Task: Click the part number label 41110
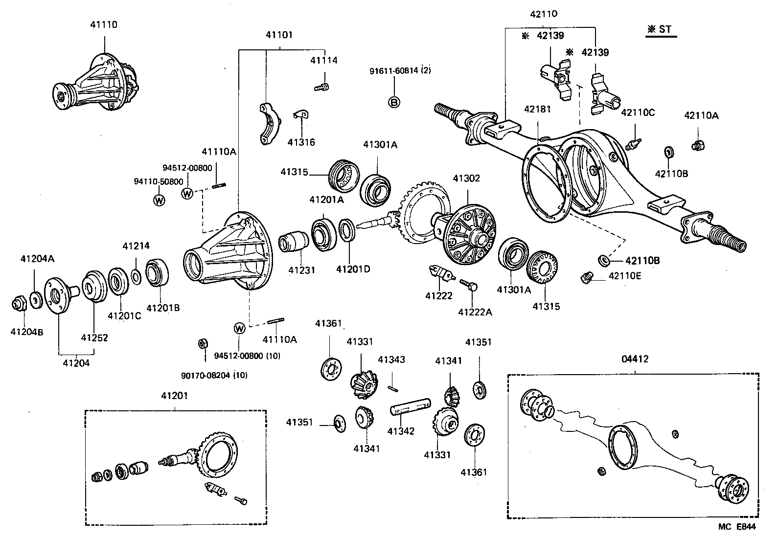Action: (x=104, y=24)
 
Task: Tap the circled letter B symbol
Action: (x=394, y=102)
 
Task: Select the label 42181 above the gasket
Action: (x=537, y=109)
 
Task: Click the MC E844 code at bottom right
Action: (x=737, y=527)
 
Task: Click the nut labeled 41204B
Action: (x=19, y=304)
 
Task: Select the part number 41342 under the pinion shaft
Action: (x=401, y=431)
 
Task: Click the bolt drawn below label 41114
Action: (x=321, y=87)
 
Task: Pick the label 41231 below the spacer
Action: (x=301, y=269)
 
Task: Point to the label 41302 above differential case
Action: (x=466, y=178)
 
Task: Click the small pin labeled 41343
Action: (x=393, y=388)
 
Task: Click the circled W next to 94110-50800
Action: (x=160, y=200)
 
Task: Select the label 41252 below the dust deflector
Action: (x=94, y=337)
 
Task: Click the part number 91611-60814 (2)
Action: (x=400, y=70)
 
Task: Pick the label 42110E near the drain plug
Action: (x=625, y=276)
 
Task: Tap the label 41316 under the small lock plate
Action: (x=301, y=142)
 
